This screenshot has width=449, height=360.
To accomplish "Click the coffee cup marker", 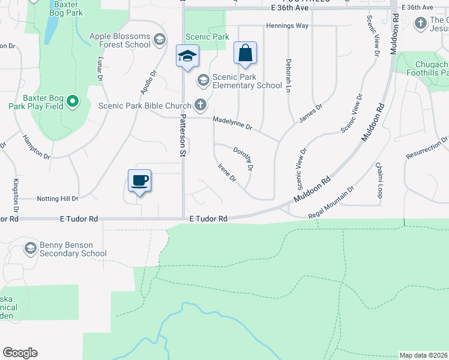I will [x=139, y=180].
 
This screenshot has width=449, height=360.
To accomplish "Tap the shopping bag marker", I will [x=245, y=53].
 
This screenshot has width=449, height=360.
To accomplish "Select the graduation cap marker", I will [x=187, y=56].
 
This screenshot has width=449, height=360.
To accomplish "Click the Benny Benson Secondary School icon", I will [x=31, y=248].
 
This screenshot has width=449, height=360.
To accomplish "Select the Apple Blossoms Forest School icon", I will [x=159, y=40].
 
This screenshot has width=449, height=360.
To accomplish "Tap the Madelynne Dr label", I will [x=233, y=124].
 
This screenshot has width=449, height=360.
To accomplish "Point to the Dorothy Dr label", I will [x=243, y=159].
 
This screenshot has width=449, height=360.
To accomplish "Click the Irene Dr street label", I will [x=226, y=173].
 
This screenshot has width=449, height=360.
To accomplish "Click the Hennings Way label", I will [x=287, y=26].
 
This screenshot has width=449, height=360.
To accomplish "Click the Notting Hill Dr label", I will [x=58, y=199].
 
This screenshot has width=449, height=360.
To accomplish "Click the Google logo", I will [x=20, y=353].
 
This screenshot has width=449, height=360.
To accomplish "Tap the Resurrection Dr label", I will [x=427, y=148].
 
